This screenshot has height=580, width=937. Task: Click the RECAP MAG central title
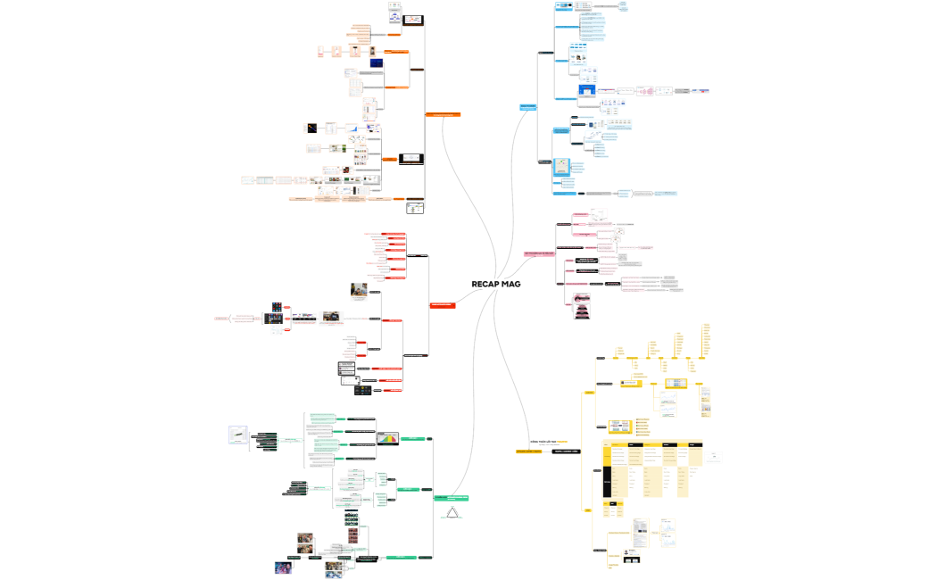click(x=496, y=284)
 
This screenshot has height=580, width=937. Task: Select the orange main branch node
click(x=443, y=114)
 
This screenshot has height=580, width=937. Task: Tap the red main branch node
click(x=444, y=305)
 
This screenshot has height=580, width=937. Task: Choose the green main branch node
click(x=452, y=497)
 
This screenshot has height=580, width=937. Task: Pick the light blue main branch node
click(x=528, y=107)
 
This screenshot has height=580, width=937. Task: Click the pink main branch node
click(x=539, y=254)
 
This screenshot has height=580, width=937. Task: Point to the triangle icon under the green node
click(x=452, y=512)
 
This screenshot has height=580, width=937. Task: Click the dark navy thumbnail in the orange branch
click(x=377, y=62)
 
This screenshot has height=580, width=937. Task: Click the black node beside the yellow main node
click(x=568, y=452)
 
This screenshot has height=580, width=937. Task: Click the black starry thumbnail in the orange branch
click(x=311, y=128)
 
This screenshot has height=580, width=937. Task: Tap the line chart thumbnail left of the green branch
click(x=239, y=435)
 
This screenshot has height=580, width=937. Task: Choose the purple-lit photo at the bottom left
click(x=283, y=567)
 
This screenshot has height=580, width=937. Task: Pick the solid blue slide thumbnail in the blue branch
click(x=587, y=89)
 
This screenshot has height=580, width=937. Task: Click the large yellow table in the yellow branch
click(x=651, y=468)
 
